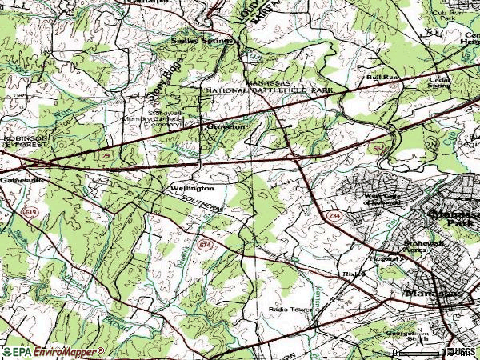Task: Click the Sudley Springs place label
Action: pos(202,40)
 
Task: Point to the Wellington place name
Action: pos(191,188)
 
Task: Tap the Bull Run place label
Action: pos(376,78)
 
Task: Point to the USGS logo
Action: pos(461,351)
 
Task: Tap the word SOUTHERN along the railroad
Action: pos(200,204)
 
